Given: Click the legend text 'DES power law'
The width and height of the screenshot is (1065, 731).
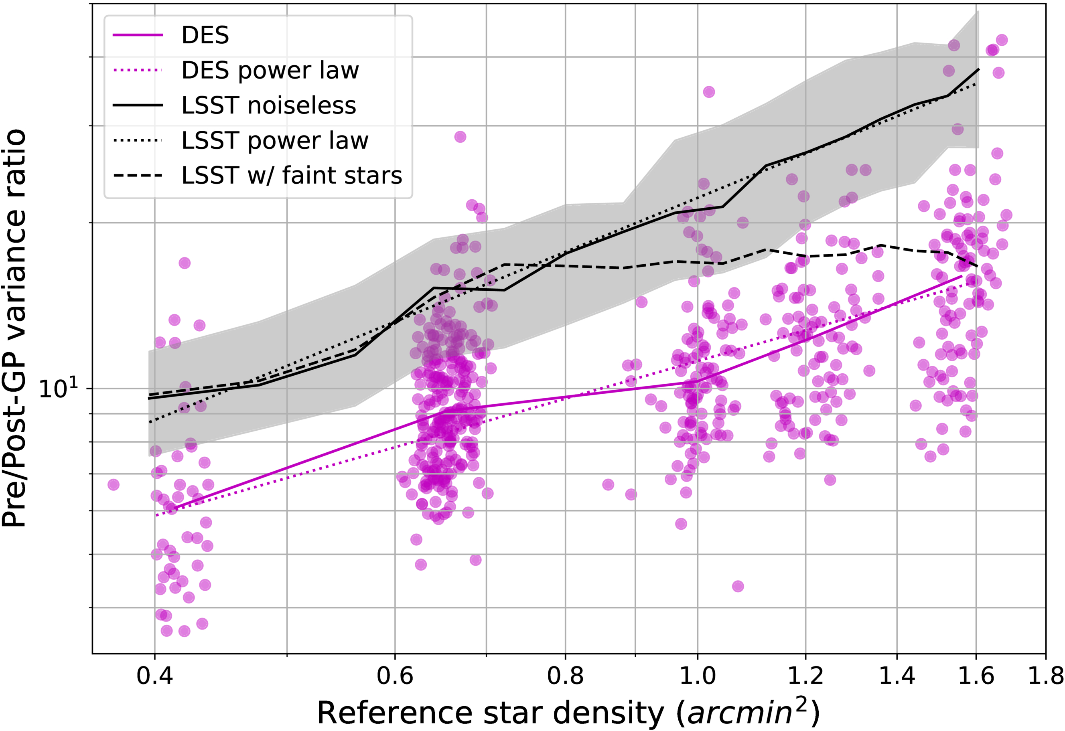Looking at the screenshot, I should tap(270, 71).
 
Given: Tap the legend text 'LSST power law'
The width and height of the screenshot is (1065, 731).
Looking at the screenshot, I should tap(274, 141).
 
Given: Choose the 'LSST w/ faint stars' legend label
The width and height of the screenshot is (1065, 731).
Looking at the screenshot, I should tap(292, 175).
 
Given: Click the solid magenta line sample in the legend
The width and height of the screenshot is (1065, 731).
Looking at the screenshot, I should tap(138, 35).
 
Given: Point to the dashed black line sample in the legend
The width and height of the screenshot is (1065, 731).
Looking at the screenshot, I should tap(138, 175).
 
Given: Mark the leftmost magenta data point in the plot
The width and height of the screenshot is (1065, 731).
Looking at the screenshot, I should tap(113, 484).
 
